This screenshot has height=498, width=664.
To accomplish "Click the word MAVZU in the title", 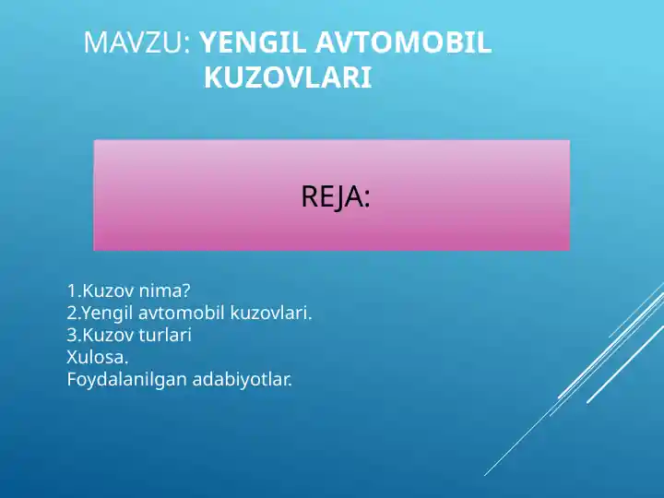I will pyautogui.click(x=135, y=42).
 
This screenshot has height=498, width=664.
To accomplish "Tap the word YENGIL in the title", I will pyautogui.click(x=250, y=42).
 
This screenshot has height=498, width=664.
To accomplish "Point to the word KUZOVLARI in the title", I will pyautogui.click(x=288, y=78).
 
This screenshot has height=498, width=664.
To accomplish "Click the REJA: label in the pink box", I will pyautogui.click(x=336, y=196).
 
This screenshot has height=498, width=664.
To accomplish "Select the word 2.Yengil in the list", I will pyautogui.click(x=101, y=314).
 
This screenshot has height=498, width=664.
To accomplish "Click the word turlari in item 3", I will pyautogui.click(x=165, y=336).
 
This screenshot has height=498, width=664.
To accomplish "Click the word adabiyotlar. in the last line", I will pyautogui.click(x=243, y=379).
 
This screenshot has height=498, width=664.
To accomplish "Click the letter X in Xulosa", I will pyautogui.click(x=72, y=357).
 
